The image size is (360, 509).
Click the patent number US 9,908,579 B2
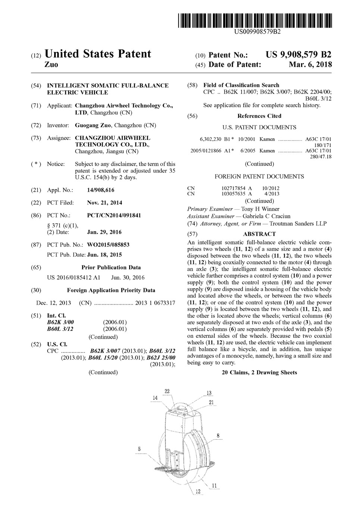click(298, 54)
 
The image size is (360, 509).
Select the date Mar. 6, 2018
click(310, 65)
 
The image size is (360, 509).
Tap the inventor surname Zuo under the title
click(51, 65)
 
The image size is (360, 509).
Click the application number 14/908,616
click(100, 190)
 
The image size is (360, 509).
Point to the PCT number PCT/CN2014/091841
click(114, 216)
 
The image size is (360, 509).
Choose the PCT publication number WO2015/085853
click(108, 245)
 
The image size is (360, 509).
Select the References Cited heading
click(259, 116)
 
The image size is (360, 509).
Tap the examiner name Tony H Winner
click(260, 209)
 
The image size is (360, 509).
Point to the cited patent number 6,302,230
click(210, 139)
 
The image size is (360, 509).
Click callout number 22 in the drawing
click(167, 391)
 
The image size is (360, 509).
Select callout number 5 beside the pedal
click(139, 449)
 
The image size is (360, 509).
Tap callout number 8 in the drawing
click(218, 436)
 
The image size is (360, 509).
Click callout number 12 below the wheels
click(198, 491)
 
